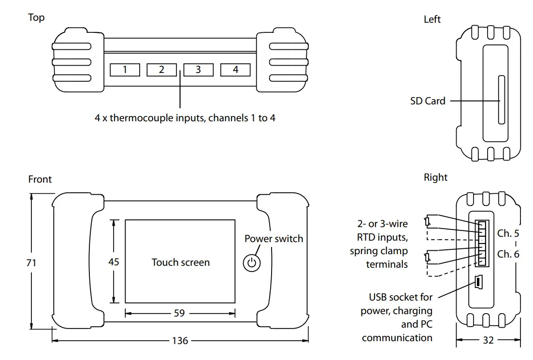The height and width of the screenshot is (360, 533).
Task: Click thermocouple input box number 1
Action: (x=125, y=70)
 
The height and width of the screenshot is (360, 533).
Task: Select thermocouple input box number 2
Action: (x=161, y=70)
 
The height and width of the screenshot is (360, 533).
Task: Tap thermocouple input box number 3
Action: (x=198, y=70)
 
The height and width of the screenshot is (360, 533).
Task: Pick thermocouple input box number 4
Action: (x=235, y=70)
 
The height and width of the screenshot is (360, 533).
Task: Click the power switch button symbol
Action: (x=251, y=263)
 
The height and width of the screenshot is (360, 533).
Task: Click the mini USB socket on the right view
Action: (x=478, y=282)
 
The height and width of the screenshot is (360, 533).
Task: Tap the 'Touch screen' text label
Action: (x=181, y=262)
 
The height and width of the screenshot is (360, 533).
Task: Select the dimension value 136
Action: (x=180, y=341)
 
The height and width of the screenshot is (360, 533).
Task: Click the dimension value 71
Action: (x=31, y=263)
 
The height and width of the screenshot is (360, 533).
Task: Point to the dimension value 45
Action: (x=114, y=261)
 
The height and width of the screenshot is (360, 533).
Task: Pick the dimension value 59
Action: (x=179, y=313)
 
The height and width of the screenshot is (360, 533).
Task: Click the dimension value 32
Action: (x=489, y=340)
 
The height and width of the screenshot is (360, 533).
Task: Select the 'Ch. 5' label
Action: (x=508, y=233)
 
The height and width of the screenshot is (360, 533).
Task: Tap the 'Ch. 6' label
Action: (x=508, y=254)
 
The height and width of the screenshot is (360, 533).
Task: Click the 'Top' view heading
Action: (x=36, y=17)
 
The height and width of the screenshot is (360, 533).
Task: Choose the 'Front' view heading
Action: (x=40, y=179)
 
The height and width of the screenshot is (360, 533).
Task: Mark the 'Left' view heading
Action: (x=432, y=19)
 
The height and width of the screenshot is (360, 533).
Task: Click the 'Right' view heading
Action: (x=435, y=177)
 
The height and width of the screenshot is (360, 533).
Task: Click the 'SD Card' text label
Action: (x=428, y=101)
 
